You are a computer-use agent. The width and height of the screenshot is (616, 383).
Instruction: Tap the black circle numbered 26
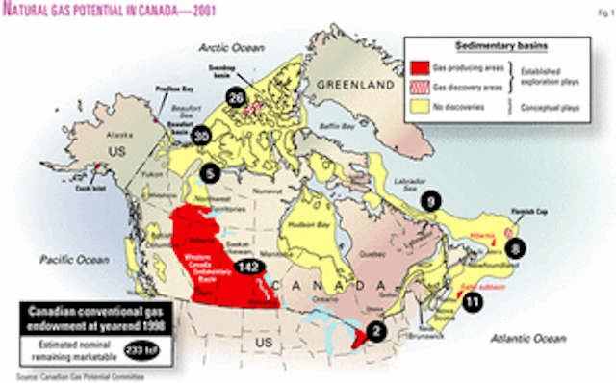(x=235, y=95)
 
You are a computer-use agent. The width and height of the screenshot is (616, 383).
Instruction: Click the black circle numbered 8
(x=517, y=247)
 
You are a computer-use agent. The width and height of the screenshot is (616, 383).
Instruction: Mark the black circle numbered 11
(x=472, y=301)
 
